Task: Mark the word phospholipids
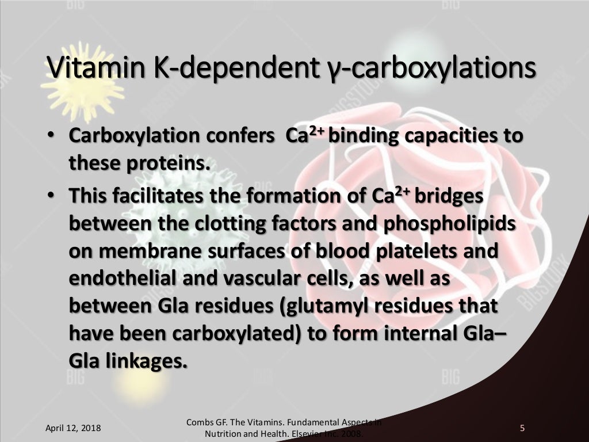(x=448, y=223)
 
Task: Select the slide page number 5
(x=522, y=428)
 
